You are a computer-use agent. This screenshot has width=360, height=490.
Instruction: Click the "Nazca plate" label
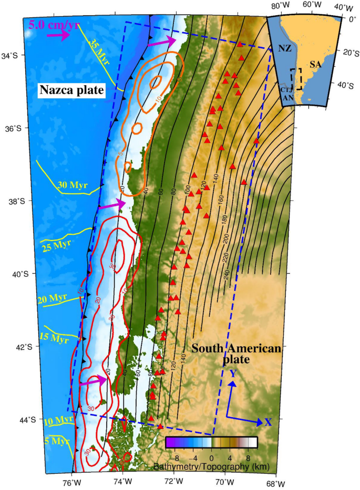[x=71, y=91]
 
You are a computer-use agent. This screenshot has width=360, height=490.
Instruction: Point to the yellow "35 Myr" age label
[x=99, y=51]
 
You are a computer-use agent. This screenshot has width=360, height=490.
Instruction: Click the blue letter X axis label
[x=268, y=422]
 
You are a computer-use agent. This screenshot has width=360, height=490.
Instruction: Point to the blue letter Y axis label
[x=231, y=373]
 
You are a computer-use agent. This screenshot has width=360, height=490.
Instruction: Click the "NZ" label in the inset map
[x=284, y=48]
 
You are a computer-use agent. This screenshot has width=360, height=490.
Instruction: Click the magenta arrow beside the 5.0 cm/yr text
[x=58, y=35]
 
